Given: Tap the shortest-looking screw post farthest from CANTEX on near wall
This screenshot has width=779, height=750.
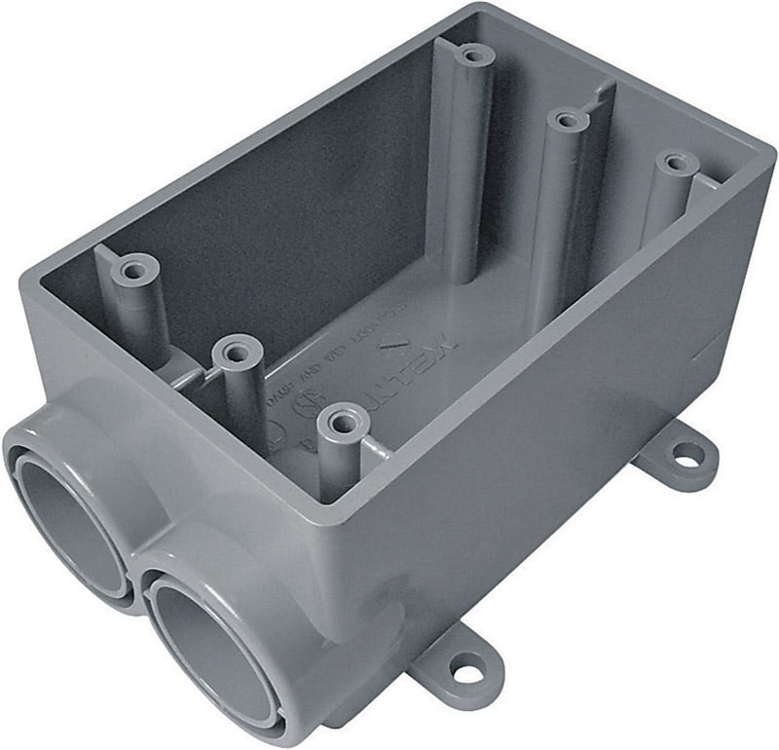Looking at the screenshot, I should [137, 265].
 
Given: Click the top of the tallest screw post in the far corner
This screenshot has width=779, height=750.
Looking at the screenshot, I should [474, 54].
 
